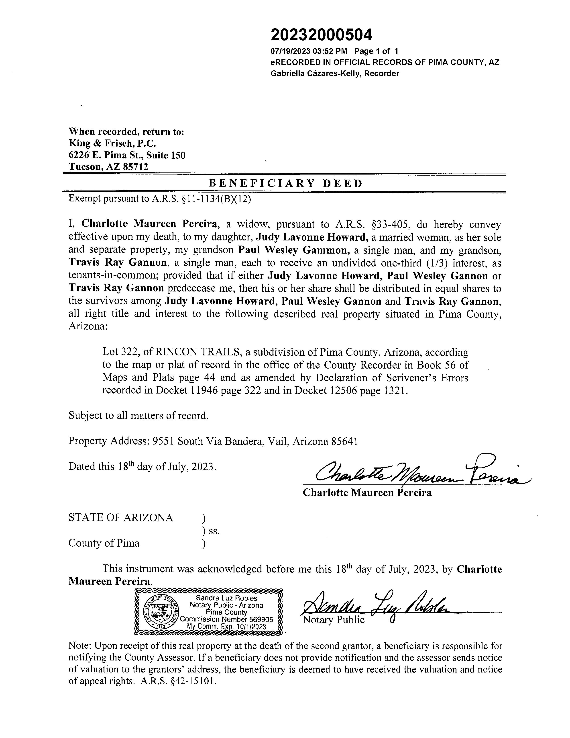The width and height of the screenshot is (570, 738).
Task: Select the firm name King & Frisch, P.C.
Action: tap(112, 144)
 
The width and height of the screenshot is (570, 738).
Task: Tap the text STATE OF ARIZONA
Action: tap(120, 518)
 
